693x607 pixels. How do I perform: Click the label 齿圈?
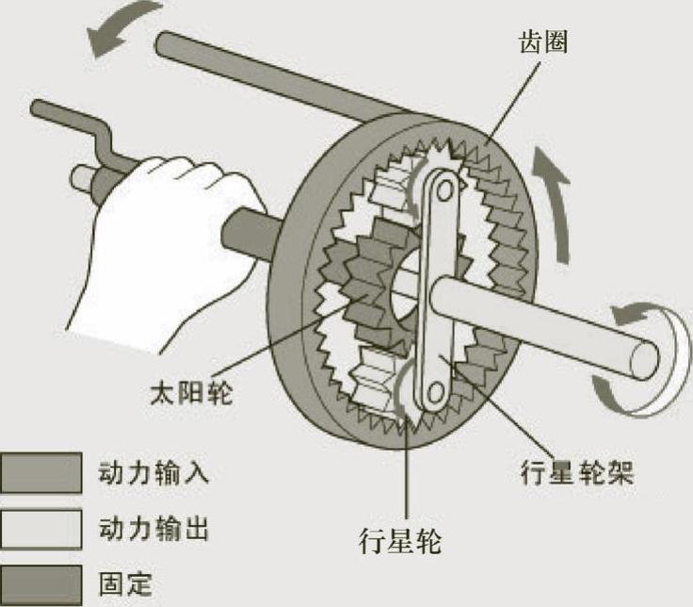click(x=543, y=43)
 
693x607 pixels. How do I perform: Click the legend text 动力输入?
click(x=153, y=472)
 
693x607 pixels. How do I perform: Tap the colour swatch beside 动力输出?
click(x=40, y=529)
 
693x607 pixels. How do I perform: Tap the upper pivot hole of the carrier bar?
click(x=440, y=186)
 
